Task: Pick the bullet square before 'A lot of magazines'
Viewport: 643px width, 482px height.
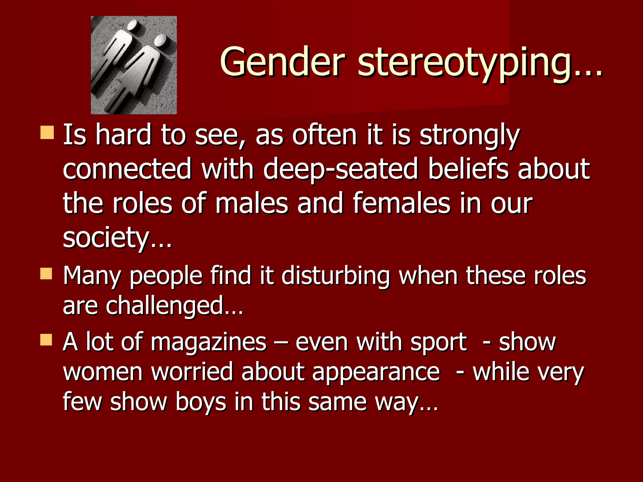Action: click(46, 340)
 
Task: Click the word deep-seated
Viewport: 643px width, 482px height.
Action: click(341, 169)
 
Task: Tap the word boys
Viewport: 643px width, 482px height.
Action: click(201, 402)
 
